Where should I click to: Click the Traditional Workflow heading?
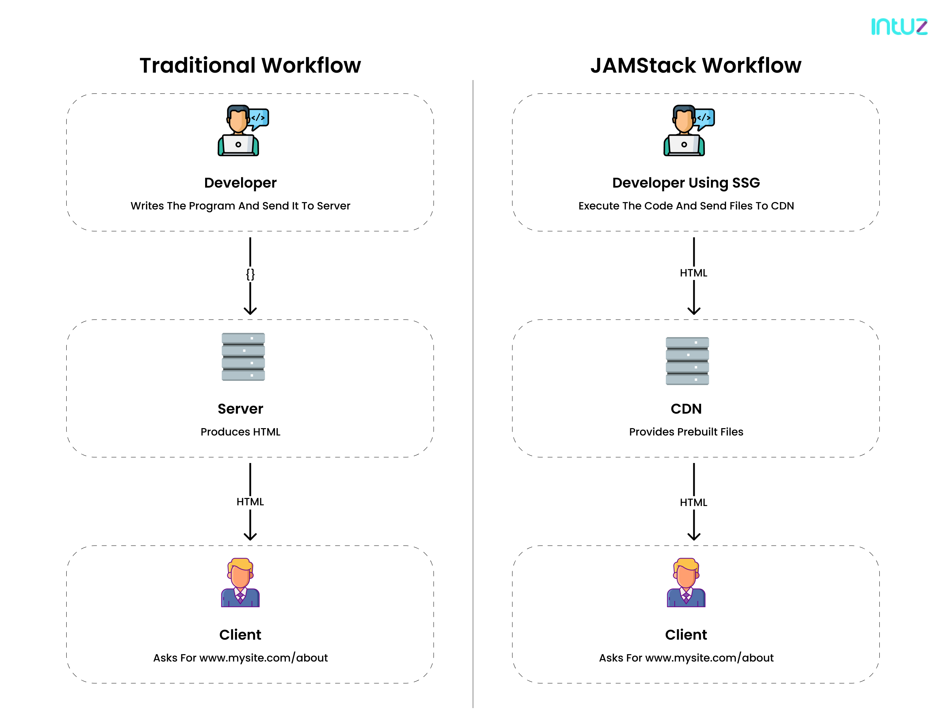250,66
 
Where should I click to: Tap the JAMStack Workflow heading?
695,66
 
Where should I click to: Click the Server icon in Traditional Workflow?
243,357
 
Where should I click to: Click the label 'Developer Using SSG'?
686,183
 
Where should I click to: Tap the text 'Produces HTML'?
240,432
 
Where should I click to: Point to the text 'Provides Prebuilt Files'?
686,432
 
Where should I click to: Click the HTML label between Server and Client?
250,501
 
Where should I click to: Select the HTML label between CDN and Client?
693,502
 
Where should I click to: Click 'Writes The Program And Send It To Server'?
240,206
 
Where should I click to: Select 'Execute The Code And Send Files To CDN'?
686,206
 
